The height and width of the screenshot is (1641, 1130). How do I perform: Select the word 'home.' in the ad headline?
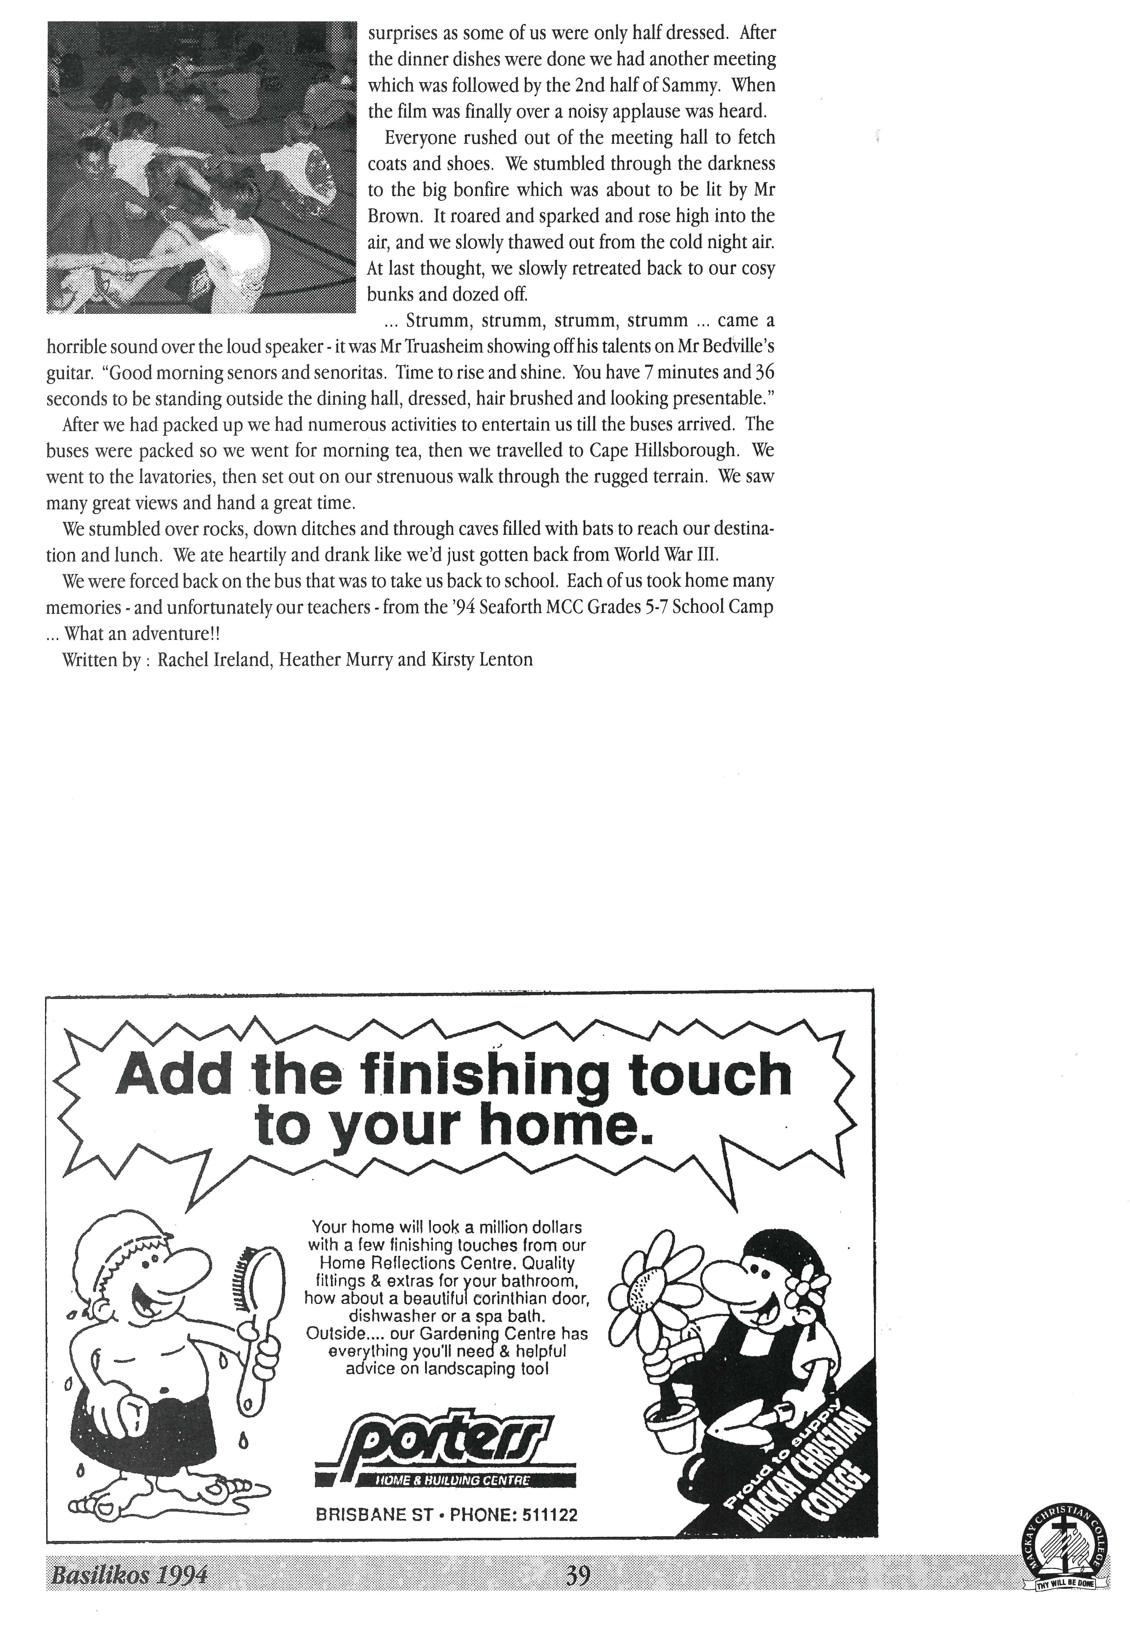[x=566, y=1127]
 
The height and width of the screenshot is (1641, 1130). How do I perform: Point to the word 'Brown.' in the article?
[x=393, y=216]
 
